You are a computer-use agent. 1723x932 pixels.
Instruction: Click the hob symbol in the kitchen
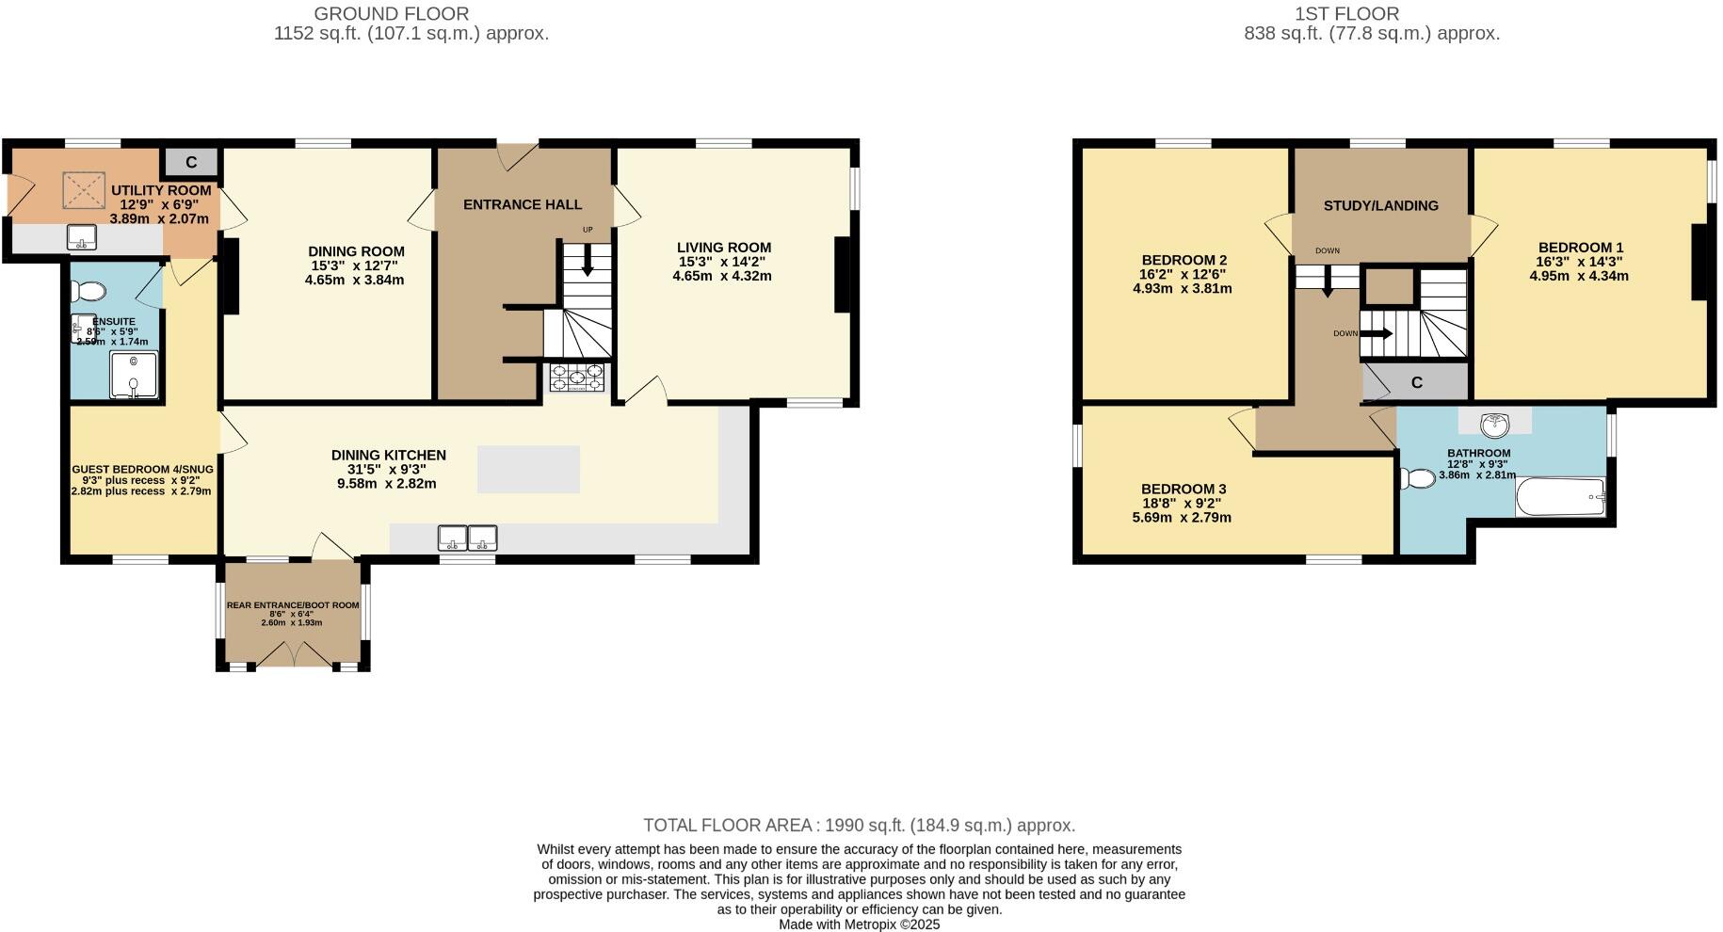[x=576, y=378]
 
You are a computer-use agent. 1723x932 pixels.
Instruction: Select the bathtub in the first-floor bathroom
[x=1559, y=496]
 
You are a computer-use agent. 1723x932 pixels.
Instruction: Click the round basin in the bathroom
[x=1495, y=425]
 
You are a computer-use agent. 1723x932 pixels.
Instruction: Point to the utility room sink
[x=82, y=237]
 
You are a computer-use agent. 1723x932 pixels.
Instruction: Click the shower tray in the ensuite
[x=134, y=374]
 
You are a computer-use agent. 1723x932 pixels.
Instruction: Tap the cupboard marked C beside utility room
[x=191, y=162]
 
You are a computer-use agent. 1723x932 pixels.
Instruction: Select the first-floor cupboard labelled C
[x=1416, y=382]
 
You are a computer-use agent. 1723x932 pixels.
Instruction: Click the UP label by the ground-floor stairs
[x=588, y=230]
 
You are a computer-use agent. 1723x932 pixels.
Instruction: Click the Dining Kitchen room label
[x=388, y=455]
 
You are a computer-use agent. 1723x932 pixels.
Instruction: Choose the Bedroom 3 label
[x=1184, y=489]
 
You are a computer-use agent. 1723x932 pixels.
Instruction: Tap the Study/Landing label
[x=1380, y=205]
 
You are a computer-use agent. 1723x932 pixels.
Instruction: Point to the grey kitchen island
[x=528, y=469]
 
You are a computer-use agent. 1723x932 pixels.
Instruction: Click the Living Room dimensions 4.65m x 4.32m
[x=722, y=277]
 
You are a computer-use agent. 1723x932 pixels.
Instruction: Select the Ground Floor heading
[x=391, y=13]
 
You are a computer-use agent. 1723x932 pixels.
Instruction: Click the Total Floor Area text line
[x=859, y=826]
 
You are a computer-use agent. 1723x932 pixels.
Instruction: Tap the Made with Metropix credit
[x=859, y=924]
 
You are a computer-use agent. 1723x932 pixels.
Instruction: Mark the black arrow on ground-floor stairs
[x=588, y=261]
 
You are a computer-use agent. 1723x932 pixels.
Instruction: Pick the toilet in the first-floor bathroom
[x=1417, y=478]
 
